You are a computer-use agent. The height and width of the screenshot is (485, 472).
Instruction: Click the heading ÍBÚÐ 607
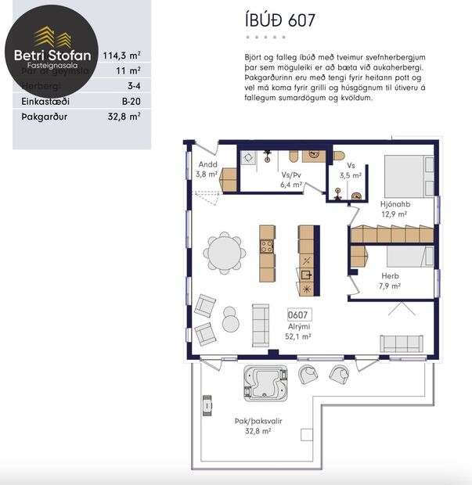click(279, 20)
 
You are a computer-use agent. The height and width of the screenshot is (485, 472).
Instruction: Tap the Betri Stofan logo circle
click(52, 55)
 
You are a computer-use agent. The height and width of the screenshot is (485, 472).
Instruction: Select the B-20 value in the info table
click(130, 101)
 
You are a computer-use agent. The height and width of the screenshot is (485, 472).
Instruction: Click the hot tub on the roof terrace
click(265, 383)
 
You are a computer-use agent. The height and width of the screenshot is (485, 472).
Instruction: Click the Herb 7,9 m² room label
click(391, 281)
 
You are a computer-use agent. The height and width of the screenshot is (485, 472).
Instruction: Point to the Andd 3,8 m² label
click(207, 170)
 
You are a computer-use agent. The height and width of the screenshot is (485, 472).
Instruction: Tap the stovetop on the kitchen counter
click(267, 246)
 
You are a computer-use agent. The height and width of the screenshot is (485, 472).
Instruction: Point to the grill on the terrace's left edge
click(207, 405)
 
